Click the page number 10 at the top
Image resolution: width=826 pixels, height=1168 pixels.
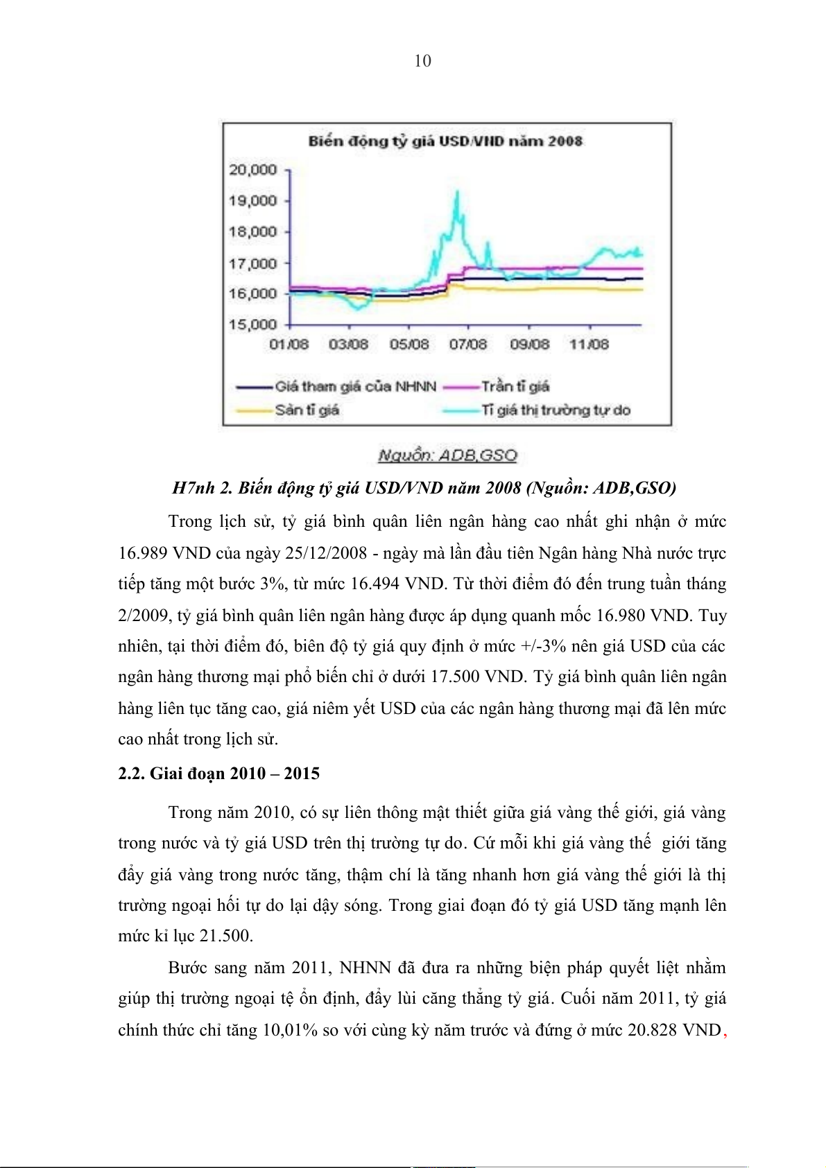(422, 61)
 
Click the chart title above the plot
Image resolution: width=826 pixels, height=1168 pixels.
(445, 141)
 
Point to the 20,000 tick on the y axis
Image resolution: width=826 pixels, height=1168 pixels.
(253, 170)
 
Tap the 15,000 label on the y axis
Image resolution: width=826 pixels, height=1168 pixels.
(253, 324)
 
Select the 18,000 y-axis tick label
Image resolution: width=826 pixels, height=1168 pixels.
(253, 232)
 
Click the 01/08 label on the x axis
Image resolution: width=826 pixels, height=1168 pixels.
(289, 345)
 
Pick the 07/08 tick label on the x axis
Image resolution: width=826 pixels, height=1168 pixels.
(468, 345)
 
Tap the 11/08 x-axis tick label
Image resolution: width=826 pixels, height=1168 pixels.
(589, 345)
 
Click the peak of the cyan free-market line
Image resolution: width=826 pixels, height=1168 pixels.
(457, 192)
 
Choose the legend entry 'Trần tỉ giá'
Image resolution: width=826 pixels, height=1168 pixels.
(515, 387)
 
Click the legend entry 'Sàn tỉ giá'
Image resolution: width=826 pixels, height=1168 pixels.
(307, 410)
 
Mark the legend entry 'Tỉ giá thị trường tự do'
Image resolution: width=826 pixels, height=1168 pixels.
(556, 410)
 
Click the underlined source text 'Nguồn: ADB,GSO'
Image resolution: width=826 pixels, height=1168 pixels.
(447, 455)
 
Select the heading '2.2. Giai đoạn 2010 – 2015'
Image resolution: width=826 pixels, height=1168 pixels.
(218, 774)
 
